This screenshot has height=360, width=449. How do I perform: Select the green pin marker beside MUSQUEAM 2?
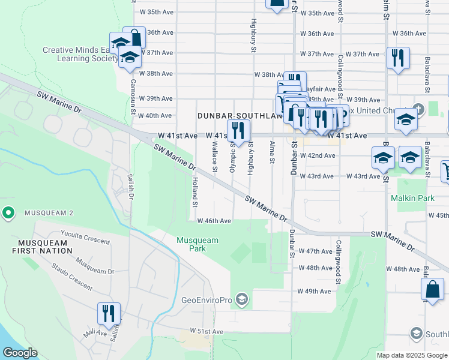click(x=8, y=213)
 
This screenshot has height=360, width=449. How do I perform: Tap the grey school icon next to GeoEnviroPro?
click(x=242, y=299)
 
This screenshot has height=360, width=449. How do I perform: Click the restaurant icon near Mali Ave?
click(x=109, y=313)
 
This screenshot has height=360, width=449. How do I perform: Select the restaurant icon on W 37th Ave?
click(x=398, y=58)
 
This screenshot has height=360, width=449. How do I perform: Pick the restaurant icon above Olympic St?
click(x=238, y=130)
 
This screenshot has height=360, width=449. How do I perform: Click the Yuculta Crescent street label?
click(x=85, y=238)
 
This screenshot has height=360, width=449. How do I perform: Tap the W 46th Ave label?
click(x=214, y=221)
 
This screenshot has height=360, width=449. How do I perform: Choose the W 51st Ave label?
click(x=206, y=331)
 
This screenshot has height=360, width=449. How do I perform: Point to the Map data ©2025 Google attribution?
click(x=412, y=355)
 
